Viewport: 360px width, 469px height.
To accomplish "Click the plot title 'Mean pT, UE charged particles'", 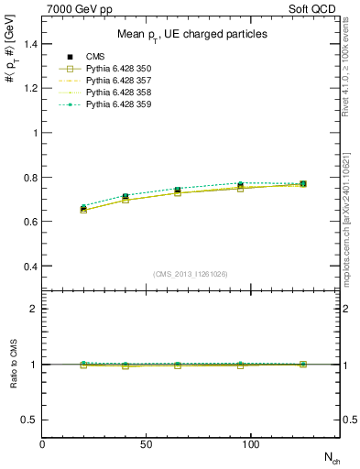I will [192, 34].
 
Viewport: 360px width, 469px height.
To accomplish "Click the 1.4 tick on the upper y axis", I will [29, 44].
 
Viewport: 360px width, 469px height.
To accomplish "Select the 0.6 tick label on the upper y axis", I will [29, 222].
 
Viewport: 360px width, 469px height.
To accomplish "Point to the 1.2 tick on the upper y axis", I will [29, 88].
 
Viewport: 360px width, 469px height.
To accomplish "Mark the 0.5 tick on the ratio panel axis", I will [29, 420].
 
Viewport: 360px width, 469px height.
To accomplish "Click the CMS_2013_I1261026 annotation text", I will [191, 274].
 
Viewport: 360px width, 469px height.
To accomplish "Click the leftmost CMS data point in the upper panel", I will [84, 209].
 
